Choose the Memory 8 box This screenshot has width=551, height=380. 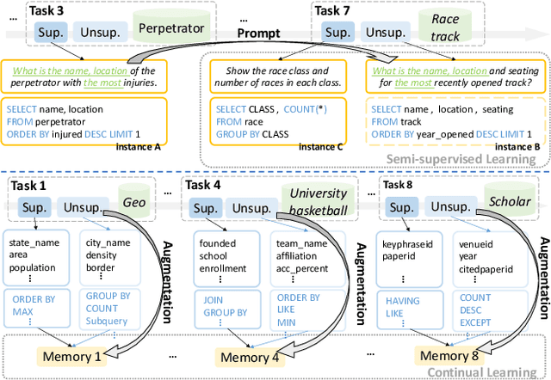(x=448, y=354)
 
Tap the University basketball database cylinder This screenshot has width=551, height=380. (x=316, y=201)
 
